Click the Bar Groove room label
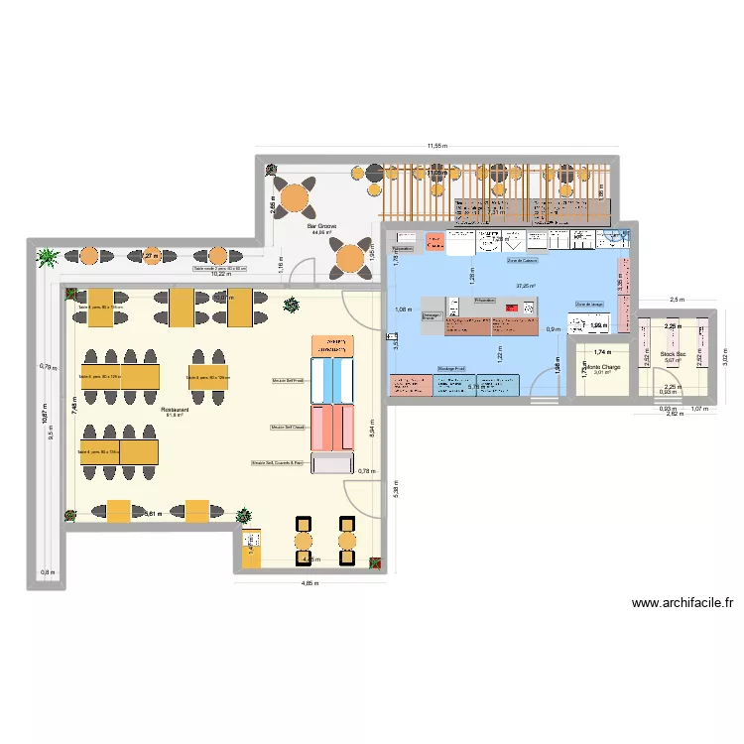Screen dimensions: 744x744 click(x=321, y=226)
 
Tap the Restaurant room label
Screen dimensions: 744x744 click(x=174, y=408)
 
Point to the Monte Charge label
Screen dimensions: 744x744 click(x=601, y=366)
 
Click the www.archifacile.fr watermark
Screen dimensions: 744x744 click(x=682, y=602)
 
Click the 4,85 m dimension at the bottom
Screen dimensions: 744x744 click(x=310, y=583)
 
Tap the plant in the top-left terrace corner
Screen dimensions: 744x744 click(x=47, y=259)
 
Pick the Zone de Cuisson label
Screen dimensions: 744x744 click(x=521, y=261)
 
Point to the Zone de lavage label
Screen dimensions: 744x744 click(x=588, y=305)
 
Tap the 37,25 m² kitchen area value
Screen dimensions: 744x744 click(x=525, y=286)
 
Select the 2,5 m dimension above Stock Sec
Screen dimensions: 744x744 click(x=676, y=299)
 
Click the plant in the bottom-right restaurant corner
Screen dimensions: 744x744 click(x=374, y=562)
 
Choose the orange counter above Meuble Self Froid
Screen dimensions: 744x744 click(x=333, y=346)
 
